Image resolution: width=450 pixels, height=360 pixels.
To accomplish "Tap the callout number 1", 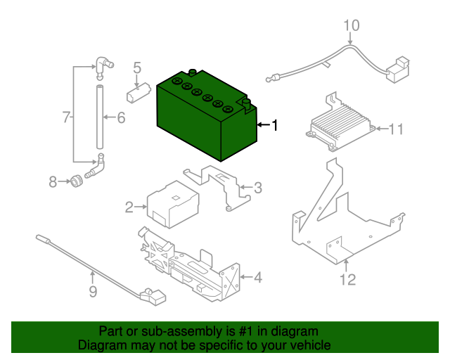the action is (275, 125).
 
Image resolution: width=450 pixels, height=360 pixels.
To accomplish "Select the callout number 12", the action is (347, 279).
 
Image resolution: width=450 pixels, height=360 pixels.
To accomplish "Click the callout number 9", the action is (93, 291).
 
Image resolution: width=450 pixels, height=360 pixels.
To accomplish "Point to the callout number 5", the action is (137, 67).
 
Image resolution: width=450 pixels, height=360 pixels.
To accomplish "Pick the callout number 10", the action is (352, 25).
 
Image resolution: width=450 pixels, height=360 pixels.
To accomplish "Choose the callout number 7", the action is (66, 117).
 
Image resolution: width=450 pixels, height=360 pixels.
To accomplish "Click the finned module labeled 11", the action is (340, 122).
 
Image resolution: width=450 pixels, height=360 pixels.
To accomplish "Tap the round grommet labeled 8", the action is (77, 181).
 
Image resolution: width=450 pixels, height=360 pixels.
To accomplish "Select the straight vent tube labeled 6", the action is (100, 117).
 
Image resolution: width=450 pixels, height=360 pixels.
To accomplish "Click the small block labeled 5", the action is (139, 93).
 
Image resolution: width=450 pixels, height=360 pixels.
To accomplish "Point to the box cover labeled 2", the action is (173, 204).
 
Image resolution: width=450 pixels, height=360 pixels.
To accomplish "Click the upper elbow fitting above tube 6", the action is (103, 67).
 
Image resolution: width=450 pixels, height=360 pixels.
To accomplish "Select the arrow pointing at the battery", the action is (264, 124).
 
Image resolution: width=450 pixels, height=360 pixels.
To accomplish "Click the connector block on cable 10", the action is (398, 70).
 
